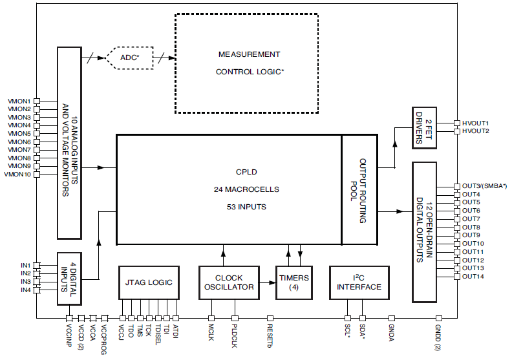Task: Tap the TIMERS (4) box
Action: [x=294, y=282]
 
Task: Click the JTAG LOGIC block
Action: [x=149, y=282]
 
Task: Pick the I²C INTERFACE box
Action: [x=359, y=282]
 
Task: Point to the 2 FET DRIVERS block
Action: [x=426, y=127]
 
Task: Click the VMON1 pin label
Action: [x=19, y=101]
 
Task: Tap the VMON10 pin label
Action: [x=17, y=174]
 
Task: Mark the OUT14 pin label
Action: [x=472, y=276]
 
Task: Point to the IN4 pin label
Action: [x=25, y=290]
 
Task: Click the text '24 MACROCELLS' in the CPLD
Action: [x=246, y=189]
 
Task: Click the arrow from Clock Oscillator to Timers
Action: [x=265, y=282]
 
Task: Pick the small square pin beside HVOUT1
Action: [x=456, y=123]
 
